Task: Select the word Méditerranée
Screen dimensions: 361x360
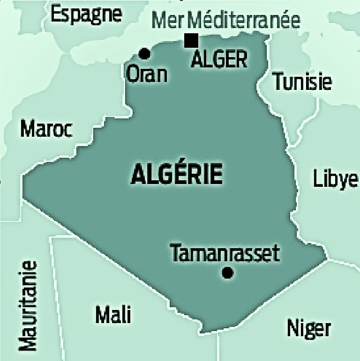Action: pyautogui.click(x=246, y=21)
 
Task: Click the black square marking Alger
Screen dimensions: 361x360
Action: pyautogui.click(x=190, y=41)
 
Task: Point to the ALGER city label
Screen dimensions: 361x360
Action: pyautogui.click(x=219, y=59)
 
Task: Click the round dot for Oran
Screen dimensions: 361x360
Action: pyautogui.click(x=145, y=53)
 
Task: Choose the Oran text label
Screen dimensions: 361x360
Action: pyautogui.click(x=147, y=74)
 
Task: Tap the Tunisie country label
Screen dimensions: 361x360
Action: pyautogui.click(x=302, y=81)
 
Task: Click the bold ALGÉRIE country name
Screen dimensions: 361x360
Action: pyautogui.click(x=177, y=174)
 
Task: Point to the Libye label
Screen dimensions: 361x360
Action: pyautogui.click(x=335, y=179)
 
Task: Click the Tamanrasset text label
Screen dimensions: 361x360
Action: pyautogui.click(x=225, y=253)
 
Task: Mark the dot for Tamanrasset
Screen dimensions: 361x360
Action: pyautogui.click(x=228, y=273)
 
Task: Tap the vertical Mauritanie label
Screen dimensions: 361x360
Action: pyautogui.click(x=28, y=305)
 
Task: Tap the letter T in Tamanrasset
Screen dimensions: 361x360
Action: pyautogui.click(x=175, y=253)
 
